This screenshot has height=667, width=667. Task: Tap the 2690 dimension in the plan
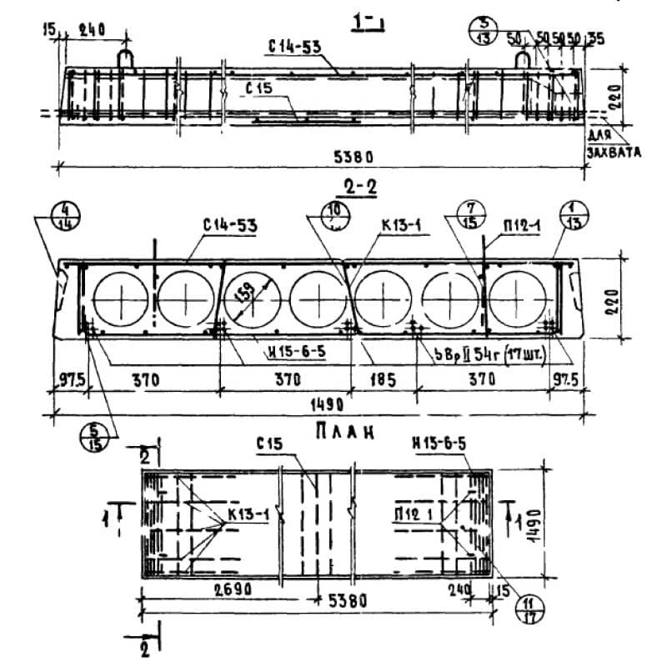[222, 589]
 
